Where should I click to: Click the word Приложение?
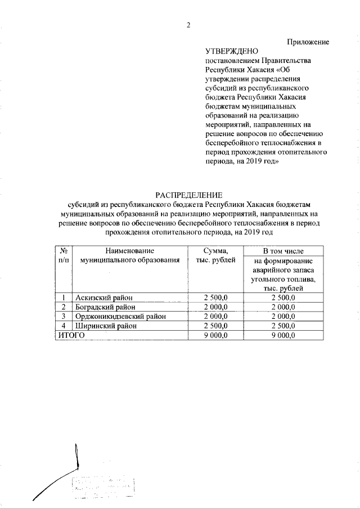point(308,42)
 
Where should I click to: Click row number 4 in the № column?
point(64,326)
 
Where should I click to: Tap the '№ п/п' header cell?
point(64,255)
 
